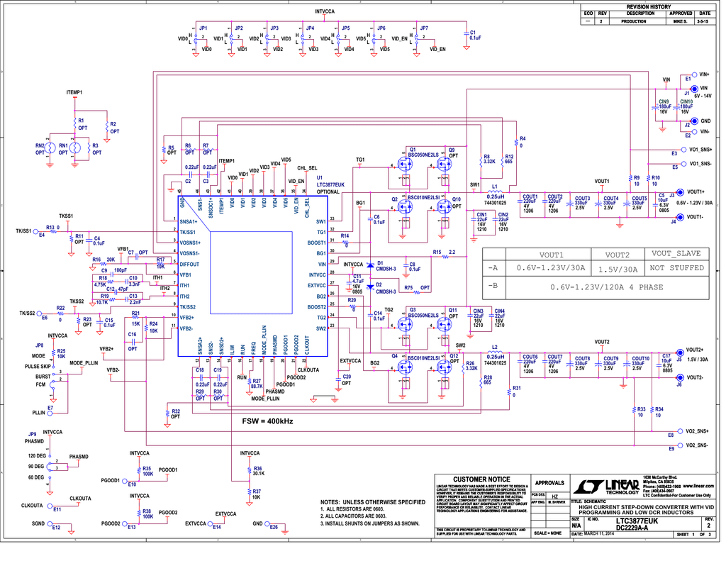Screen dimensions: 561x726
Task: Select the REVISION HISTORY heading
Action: pyautogui.click(x=647, y=6)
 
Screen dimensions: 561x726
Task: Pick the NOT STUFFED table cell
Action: pyautogui.click(x=676, y=268)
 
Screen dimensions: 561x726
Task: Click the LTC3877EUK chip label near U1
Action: pyautogui.click(x=330, y=184)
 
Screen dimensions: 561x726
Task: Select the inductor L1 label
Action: pyautogui.click(x=494, y=187)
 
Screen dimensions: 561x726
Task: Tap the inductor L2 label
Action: pyautogui.click(x=494, y=348)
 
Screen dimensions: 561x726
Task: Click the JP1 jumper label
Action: pyautogui.click(x=203, y=28)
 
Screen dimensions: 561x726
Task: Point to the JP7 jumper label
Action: pyautogui.click(x=424, y=28)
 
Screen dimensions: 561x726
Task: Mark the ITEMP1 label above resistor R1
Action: pyautogui.click(x=74, y=93)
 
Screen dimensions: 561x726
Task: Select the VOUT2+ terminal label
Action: pyautogui.click(x=694, y=350)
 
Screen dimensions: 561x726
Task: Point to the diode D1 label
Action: pyautogui.click(x=381, y=263)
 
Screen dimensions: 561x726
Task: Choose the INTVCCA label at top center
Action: pyautogui.click(x=325, y=11)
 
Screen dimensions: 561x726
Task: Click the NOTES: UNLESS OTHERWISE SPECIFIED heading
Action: pyautogui.click(x=372, y=502)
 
